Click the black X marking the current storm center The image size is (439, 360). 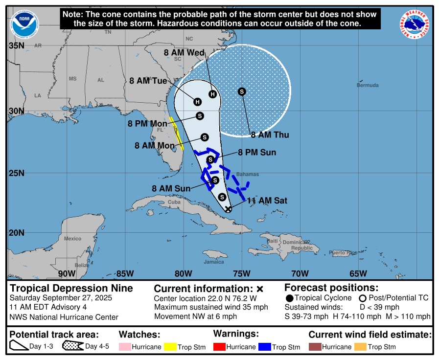[x=228, y=209]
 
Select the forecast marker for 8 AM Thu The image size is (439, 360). [x=242, y=91]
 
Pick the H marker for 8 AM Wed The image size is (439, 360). [x=212, y=94]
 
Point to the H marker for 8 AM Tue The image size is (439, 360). [x=197, y=102]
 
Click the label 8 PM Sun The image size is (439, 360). [x=257, y=153]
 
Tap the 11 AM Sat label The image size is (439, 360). [x=267, y=201]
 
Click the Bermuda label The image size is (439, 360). [x=368, y=85]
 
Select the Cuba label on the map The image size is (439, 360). [x=174, y=202]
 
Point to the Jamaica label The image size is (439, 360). [x=214, y=262]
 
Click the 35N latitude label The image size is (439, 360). [x=17, y=45]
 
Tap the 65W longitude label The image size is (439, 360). [x=358, y=273]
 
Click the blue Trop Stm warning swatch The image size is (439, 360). [x=264, y=347]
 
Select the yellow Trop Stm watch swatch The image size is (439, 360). [x=170, y=347]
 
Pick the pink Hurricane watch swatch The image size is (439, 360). [x=125, y=347]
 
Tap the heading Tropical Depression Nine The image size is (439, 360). [x=71, y=288]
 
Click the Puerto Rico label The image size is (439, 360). [x=343, y=253]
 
